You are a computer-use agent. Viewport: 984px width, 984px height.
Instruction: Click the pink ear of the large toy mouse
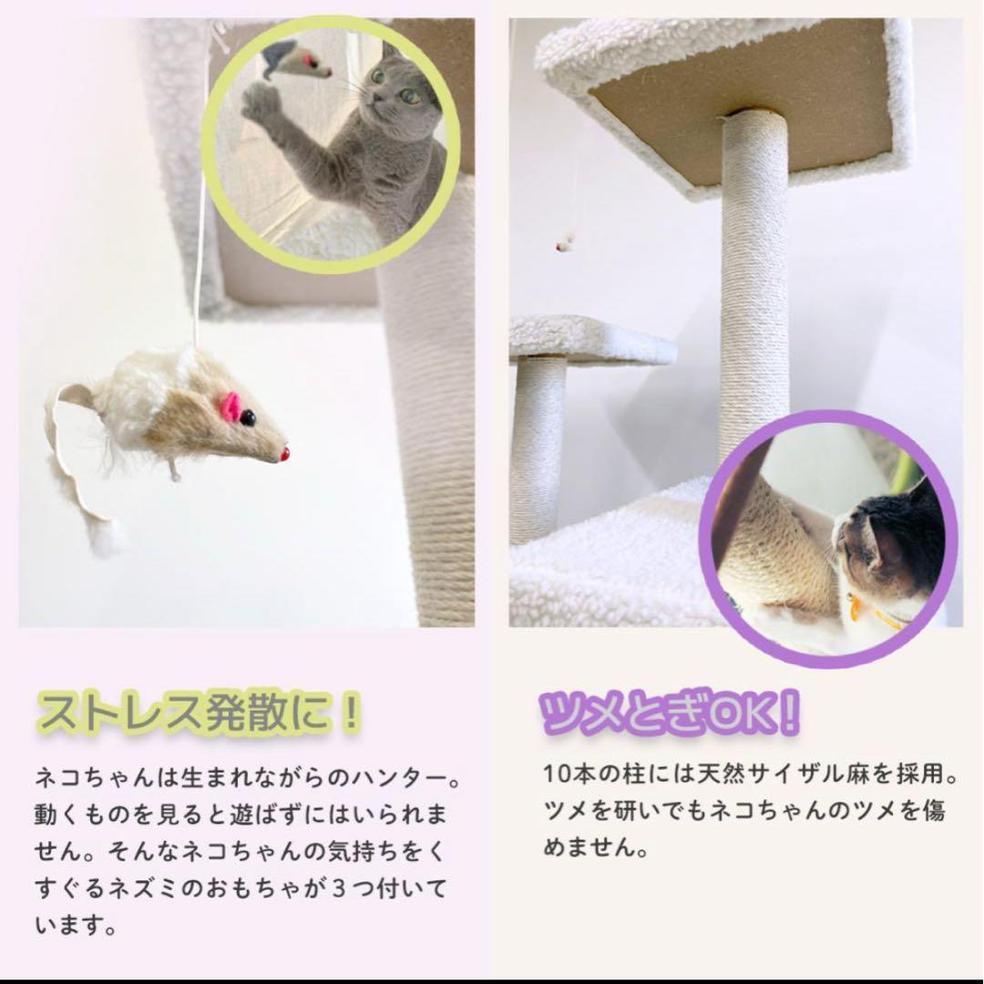[231, 407]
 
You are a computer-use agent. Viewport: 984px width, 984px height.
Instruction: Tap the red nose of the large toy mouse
[284, 453]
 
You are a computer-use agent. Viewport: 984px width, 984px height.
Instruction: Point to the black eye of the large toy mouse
[247, 418]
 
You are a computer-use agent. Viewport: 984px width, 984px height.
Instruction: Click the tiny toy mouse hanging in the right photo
[565, 242]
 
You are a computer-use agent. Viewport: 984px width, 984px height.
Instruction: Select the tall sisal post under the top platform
[753, 273]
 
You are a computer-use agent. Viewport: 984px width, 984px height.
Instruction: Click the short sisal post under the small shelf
[538, 446]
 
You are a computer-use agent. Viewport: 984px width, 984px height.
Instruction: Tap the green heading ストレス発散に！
[199, 713]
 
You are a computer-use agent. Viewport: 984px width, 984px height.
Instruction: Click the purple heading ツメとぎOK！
[670, 713]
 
